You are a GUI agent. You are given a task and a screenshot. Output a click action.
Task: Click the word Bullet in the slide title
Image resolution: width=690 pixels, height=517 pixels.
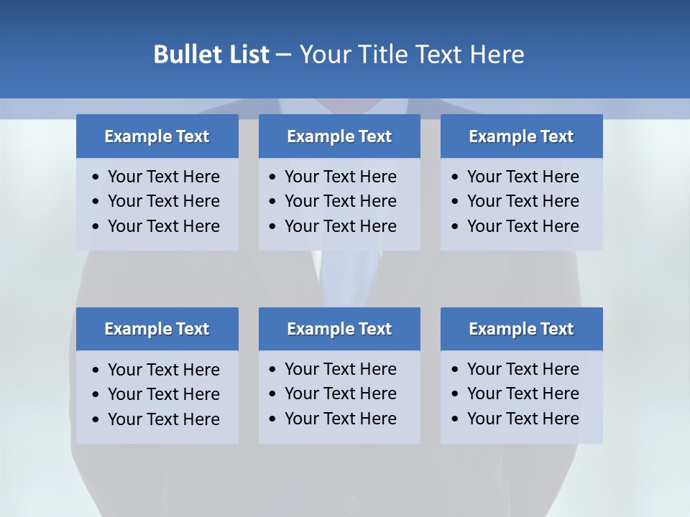(x=186, y=55)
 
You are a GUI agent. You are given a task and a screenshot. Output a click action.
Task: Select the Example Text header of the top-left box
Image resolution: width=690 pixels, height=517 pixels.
(x=157, y=136)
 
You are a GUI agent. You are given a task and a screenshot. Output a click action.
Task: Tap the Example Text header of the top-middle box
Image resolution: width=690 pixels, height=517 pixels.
(x=339, y=136)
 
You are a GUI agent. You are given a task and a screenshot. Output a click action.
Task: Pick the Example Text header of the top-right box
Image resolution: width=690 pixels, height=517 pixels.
(x=521, y=136)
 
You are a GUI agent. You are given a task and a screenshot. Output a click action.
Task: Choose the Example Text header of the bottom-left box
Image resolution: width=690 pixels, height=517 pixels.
(x=157, y=329)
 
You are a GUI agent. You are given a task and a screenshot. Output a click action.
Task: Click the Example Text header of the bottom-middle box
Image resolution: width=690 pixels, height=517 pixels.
(x=339, y=329)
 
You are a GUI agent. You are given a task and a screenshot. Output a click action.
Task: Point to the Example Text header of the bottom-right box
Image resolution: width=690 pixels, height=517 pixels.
(x=521, y=329)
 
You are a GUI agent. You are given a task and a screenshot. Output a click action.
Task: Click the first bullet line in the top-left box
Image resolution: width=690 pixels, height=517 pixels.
(x=163, y=177)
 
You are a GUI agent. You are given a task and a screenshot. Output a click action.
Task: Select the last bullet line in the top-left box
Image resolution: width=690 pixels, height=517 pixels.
(x=163, y=226)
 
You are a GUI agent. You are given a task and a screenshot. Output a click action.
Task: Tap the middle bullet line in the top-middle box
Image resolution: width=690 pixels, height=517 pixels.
(x=340, y=201)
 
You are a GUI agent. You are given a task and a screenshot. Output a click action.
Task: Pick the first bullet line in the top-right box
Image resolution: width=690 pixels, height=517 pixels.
(x=523, y=177)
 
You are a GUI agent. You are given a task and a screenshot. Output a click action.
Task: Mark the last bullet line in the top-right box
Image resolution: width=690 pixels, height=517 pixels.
(x=523, y=226)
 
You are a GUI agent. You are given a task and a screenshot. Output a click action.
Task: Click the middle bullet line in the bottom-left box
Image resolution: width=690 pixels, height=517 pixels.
(x=163, y=394)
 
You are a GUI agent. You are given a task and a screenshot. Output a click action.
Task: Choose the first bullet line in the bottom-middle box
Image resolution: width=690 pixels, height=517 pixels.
(x=340, y=369)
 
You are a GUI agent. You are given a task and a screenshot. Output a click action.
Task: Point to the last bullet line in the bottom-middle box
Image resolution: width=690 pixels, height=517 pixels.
(x=340, y=419)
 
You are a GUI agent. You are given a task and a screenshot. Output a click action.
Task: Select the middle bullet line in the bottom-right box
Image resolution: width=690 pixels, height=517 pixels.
(x=523, y=393)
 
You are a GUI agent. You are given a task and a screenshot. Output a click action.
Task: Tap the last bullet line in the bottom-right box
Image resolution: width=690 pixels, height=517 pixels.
(x=523, y=419)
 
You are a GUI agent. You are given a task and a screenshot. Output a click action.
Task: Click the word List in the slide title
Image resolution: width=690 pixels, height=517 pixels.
(x=246, y=55)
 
